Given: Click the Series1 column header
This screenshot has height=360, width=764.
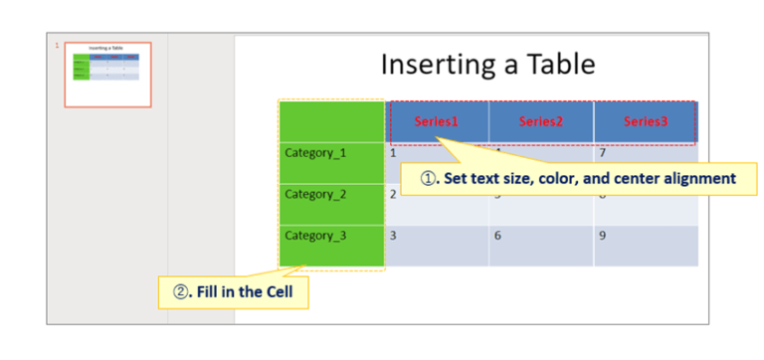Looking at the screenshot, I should [x=437, y=122].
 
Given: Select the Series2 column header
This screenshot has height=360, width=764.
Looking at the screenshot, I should [x=541, y=122].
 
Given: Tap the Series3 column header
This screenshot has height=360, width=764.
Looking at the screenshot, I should [x=646, y=122].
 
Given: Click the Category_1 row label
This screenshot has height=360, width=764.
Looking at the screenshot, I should [x=315, y=153].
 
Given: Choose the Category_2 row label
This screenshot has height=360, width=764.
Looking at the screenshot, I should [x=315, y=194].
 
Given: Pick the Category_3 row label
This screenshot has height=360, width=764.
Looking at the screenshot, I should [x=315, y=236].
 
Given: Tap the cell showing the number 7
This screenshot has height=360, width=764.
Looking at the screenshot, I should [x=603, y=153].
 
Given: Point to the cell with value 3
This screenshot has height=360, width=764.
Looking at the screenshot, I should [x=394, y=236].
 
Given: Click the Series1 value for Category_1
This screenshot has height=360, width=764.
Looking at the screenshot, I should [x=394, y=153].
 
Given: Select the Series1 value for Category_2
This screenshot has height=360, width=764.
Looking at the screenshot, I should [x=393, y=194].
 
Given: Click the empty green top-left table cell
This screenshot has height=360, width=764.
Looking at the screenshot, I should [x=331, y=120].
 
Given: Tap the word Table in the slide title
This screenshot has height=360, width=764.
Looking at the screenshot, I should [x=562, y=65].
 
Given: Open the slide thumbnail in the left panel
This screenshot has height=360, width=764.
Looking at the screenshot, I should [x=107, y=74].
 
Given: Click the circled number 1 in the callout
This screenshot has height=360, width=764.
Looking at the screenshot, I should [x=428, y=180].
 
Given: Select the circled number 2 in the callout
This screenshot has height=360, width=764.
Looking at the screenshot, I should [x=182, y=293].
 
